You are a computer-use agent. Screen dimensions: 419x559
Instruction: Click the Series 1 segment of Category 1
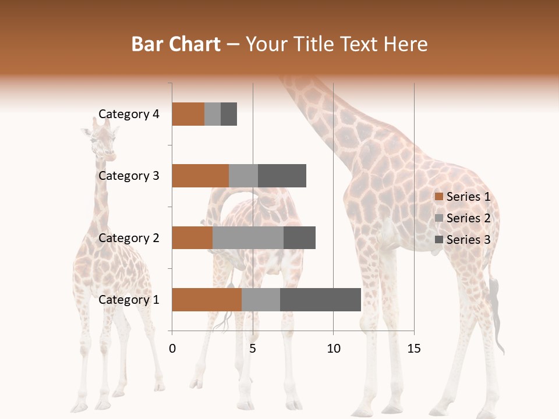207,300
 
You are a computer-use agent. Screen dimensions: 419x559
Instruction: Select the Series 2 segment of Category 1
261,300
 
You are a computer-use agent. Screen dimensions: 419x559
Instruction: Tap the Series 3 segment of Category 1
320,300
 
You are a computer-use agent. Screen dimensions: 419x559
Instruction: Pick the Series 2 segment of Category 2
248,237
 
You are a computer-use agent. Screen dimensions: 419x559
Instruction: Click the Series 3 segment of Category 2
299,237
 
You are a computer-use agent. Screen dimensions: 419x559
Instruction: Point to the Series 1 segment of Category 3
200,176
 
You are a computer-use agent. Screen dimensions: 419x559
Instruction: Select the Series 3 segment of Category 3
282,176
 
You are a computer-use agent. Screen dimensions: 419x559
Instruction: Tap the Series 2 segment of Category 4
213,114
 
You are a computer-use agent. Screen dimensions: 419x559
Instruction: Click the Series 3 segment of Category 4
229,114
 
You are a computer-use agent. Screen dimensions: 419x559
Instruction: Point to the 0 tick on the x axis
172,349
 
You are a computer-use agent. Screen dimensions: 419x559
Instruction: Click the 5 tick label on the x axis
253,349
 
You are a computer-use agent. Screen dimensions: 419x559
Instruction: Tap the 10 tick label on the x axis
333,349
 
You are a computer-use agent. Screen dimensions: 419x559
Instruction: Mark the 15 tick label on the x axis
414,349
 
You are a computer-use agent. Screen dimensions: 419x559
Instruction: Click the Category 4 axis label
129,114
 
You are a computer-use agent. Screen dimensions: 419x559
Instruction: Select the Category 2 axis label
129,237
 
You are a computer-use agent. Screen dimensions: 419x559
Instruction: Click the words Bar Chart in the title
176,44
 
